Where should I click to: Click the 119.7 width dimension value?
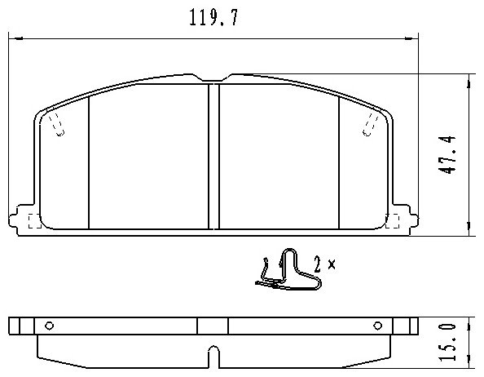[213, 17]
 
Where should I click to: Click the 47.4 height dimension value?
[447, 154]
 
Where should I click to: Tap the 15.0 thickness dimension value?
[447, 342]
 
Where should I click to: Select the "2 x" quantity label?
[324, 264]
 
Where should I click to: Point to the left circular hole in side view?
[50, 326]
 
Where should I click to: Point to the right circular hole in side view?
[378, 326]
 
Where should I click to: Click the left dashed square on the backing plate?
[34, 221]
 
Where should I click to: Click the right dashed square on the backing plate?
[393, 221]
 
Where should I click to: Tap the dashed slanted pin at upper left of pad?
[57, 124]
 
